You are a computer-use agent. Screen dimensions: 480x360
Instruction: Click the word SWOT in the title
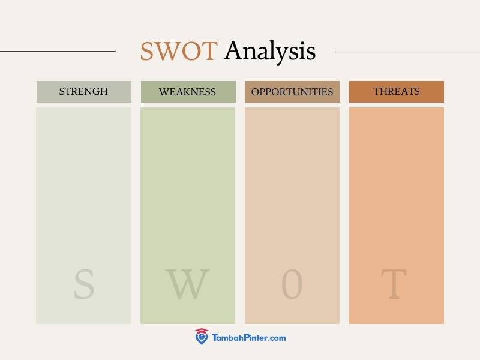click(x=179, y=51)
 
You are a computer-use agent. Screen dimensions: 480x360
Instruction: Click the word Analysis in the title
click(x=269, y=52)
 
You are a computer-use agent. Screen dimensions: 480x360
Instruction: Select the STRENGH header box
click(x=84, y=92)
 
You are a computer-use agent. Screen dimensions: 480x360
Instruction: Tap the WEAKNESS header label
click(x=187, y=92)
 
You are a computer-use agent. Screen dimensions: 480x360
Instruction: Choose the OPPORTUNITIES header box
click(x=292, y=92)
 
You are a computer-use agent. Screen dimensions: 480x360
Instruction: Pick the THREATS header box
click(x=397, y=92)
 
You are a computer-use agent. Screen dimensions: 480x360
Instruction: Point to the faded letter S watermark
click(x=84, y=284)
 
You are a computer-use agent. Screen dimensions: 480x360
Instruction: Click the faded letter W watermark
click(x=187, y=284)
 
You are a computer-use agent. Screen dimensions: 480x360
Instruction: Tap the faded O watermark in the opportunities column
click(x=292, y=284)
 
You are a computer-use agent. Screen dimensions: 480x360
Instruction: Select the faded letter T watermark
click(x=394, y=284)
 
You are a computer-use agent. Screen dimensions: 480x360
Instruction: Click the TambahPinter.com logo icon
click(x=202, y=337)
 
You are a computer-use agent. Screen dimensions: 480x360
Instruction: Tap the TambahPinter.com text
click(x=249, y=338)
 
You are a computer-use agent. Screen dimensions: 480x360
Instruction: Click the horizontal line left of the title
click(x=58, y=52)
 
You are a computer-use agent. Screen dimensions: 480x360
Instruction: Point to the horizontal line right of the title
click(x=407, y=52)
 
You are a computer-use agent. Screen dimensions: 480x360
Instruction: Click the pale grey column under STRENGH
click(x=83, y=215)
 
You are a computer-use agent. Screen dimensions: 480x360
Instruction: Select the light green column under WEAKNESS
click(x=188, y=215)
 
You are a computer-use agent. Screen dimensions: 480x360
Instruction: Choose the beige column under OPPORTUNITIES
click(x=292, y=215)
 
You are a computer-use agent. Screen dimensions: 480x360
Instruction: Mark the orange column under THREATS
click(x=397, y=215)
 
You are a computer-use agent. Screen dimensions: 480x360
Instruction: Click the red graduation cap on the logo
click(x=202, y=331)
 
